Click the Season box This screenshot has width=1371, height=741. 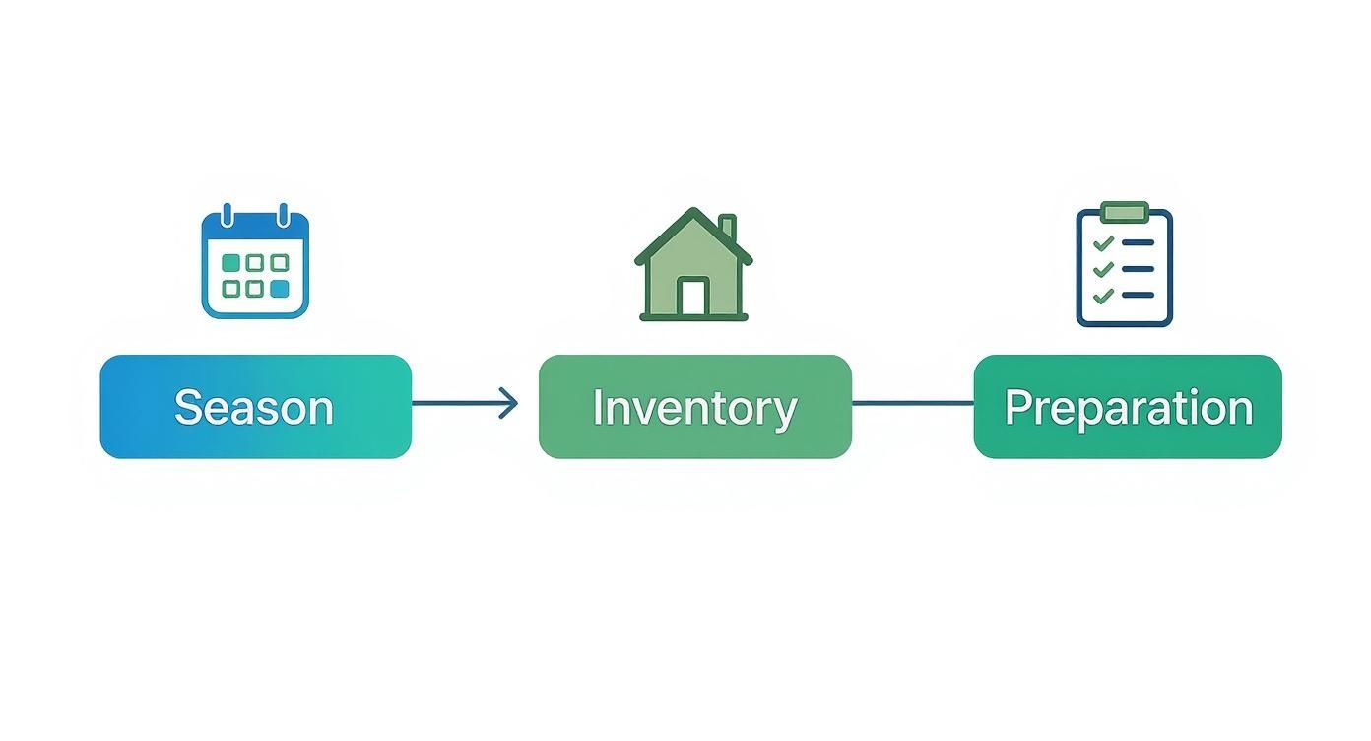tap(255, 406)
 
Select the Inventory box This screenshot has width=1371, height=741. tap(694, 406)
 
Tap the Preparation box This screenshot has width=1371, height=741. tap(1127, 406)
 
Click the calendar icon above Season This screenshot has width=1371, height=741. tap(255, 263)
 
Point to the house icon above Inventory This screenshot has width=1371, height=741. tap(693, 265)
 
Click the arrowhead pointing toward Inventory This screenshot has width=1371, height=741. tap(509, 403)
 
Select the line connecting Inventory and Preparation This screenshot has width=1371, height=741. tap(912, 403)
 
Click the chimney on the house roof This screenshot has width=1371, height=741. tap(727, 228)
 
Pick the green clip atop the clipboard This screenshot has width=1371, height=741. tap(1124, 211)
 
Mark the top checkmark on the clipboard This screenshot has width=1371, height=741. tap(1104, 242)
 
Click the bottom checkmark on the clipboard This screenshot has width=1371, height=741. tap(1104, 294)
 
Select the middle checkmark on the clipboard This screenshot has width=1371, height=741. tap(1104, 268)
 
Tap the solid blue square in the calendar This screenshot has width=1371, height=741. tap(280, 289)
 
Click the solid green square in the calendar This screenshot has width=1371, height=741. tap(230, 263)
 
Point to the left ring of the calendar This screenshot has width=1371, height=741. tap(228, 215)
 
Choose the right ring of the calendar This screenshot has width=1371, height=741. tap(283, 215)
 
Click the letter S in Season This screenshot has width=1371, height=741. tap(187, 407)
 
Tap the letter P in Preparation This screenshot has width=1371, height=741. tap(1016, 406)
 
